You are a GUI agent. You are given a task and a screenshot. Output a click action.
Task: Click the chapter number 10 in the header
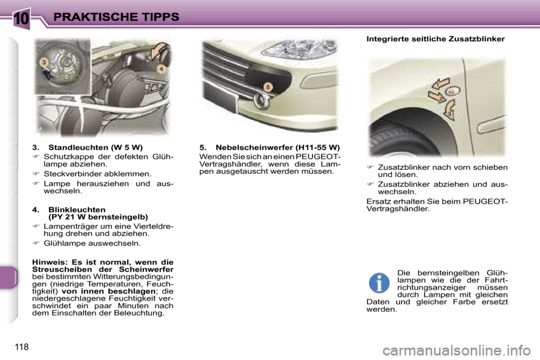pos(22,18)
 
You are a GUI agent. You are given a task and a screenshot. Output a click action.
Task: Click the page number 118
pos(22,346)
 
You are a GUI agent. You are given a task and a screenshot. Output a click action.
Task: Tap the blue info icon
pos(379,283)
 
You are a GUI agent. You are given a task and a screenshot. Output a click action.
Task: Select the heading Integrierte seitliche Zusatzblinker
pos(435,39)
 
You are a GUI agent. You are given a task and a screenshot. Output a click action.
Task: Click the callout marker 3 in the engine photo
pos(43,62)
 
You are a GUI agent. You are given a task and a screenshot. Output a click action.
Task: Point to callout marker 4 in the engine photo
pos(161,69)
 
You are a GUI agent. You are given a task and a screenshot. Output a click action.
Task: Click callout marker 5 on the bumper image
pos(268,87)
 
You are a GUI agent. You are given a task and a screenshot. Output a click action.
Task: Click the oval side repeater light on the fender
pos(452,91)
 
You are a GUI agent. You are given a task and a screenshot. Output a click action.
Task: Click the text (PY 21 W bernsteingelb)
pos(98,217)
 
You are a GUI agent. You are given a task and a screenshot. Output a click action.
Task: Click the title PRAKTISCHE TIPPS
pos(116,17)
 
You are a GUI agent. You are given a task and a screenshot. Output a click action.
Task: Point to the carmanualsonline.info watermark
pos(457,350)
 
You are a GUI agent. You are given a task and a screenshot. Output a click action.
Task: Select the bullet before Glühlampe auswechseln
pos(36,243)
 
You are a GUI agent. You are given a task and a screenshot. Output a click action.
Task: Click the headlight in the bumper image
pos(299,50)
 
